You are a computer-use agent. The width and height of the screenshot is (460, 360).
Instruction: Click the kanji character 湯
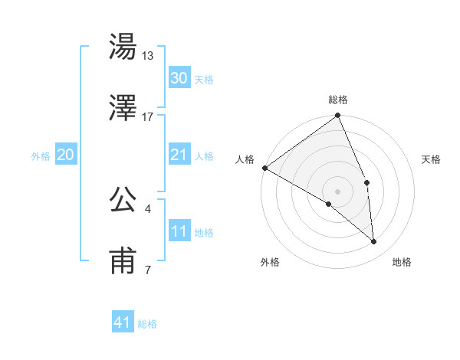point(123,48)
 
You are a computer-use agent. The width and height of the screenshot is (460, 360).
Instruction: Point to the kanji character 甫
point(123,260)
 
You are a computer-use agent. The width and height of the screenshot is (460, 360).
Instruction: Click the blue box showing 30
point(179,78)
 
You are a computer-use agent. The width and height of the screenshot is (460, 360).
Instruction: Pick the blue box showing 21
point(179,155)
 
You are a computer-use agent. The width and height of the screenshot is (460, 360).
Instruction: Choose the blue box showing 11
point(179,231)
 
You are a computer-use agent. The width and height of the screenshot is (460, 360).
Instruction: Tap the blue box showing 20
point(65,155)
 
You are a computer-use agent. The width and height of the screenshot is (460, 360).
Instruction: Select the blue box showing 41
point(123,322)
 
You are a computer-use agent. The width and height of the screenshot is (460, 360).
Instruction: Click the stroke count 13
point(148,56)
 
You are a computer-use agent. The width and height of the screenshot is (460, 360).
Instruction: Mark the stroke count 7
point(148,269)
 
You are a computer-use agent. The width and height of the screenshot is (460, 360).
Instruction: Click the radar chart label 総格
point(338,100)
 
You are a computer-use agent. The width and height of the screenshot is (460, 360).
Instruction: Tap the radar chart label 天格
point(432,159)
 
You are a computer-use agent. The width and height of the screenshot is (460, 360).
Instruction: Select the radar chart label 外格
point(270,262)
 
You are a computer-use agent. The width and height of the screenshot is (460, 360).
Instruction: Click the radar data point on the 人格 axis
point(264,168)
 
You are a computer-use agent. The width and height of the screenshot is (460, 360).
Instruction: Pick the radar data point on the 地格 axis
point(374,241)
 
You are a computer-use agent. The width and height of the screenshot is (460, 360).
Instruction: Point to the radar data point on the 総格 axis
point(337,116)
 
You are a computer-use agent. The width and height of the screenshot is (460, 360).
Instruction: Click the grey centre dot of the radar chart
point(337,191)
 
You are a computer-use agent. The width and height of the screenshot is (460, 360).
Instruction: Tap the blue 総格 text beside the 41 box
point(147,324)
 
